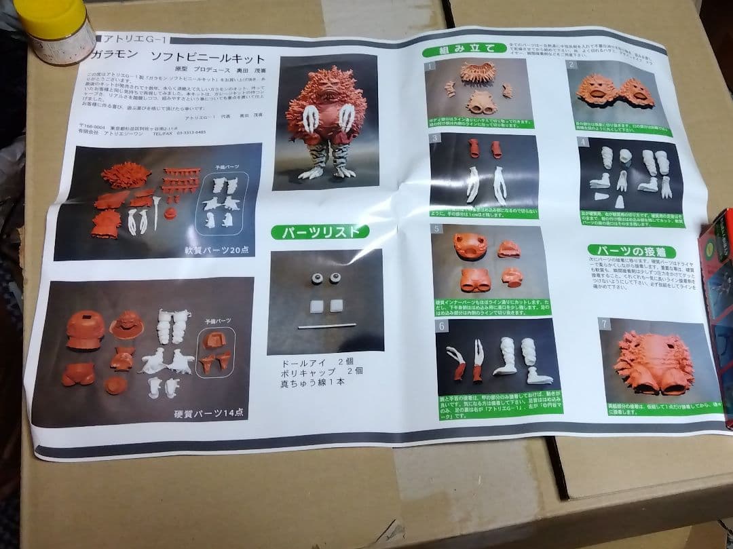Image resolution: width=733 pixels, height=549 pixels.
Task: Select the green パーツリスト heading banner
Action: coord(320,232)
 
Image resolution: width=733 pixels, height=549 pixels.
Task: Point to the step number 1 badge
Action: coord(430,66)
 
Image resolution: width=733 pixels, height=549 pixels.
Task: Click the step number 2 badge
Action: coord(572,65)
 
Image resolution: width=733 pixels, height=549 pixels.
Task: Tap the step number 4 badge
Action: coord(583,142)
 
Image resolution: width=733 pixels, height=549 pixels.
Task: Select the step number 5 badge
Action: coord(437,229)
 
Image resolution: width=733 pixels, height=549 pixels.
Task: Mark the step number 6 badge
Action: coord(442,326)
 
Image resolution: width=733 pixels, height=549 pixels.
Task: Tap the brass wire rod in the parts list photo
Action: coord(326,326)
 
